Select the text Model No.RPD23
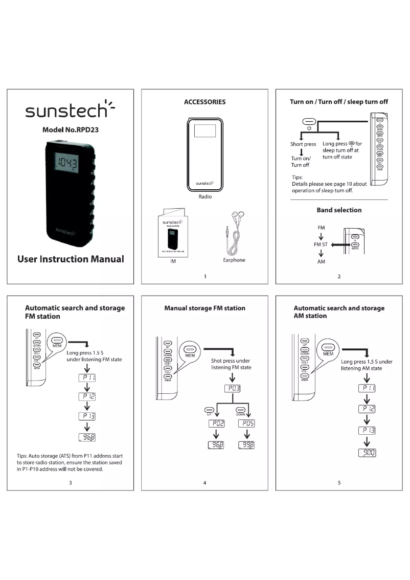point(70,130)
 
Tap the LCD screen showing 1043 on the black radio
point(67,164)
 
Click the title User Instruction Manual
point(70,259)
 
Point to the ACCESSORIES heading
point(204,102)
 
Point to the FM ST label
point(321,244)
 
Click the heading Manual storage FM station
point(204,308)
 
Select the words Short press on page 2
point(303,144)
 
